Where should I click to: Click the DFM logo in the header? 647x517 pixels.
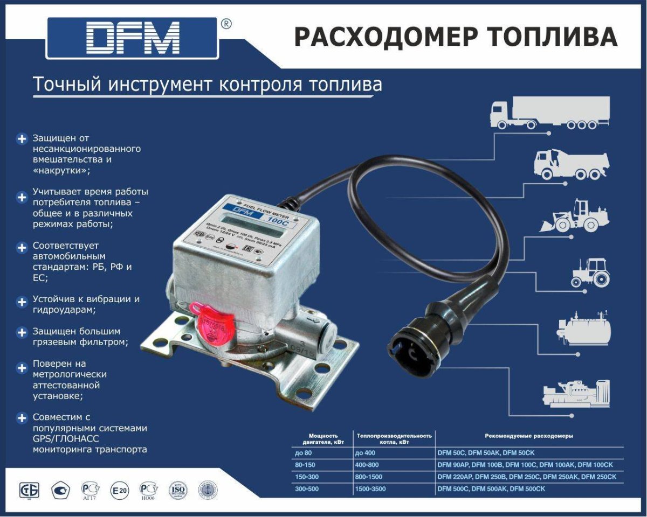(x=133, y=38)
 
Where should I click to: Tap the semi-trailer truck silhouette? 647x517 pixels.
(x=549, y=113)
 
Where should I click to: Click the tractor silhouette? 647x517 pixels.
(x=590, y=272)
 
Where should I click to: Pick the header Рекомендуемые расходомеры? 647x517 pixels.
(x=528, y=436)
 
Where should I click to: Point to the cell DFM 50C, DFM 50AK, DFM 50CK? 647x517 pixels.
(x=485, y=453)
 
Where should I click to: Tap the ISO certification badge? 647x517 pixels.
(x=178, y=490)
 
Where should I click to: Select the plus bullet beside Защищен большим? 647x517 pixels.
(x=22, y=332)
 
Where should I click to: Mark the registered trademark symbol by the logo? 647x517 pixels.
(x=227, y=24)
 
